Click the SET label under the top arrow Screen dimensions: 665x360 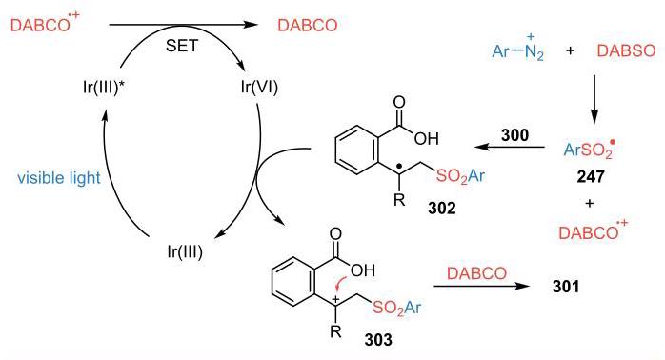pos(182,46)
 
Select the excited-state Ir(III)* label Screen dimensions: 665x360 pos(104,88)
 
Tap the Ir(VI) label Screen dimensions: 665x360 pos(259,87)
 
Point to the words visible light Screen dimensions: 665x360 pos(59,178)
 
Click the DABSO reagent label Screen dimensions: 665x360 pos(626,50)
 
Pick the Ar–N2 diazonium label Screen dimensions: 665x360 pos(518,50)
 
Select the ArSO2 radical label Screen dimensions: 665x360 pos(589,150)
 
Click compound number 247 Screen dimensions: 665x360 pos(591,175)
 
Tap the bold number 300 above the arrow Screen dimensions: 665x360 pos(514,135)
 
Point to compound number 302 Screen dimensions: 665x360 pos(442,209)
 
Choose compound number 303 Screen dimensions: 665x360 pos(378,340)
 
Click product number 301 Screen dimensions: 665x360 pos(566,287)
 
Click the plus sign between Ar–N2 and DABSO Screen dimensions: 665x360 pos(571,50)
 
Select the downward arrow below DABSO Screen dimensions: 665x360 pos(594,99)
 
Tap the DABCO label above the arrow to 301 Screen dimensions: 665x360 pos(476,273)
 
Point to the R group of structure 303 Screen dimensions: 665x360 pos(335,330)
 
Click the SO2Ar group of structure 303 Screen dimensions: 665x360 pos(397,309)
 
